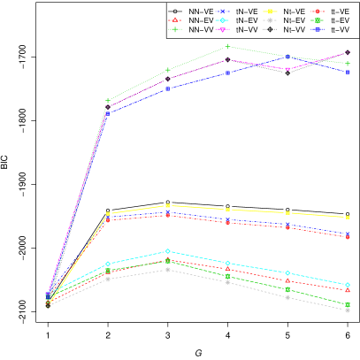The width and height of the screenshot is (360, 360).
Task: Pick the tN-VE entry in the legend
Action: pyautogui.click(x=241, y=11)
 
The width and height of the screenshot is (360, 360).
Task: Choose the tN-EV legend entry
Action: pyautogui.click(x=241, y=20)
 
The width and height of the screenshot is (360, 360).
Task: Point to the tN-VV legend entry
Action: pyautogui.click(x=241, y=30)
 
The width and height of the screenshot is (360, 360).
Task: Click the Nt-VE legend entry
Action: pyautogui.click(x=288, y=11)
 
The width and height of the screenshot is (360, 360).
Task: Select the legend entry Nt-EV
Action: pyautogui.click(x=288, y=20)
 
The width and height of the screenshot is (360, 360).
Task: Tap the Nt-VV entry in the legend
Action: pyautogui.click(x=288, y=30)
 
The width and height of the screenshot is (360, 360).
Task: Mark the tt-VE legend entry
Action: pyautogui.click(x=334, y=11)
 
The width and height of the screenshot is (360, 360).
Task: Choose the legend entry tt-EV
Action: pyautogui.click(x=334, y=20)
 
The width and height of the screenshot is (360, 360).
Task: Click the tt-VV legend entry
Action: pyautogui.click(x=334, y=30)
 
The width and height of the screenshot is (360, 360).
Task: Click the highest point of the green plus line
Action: pyautogui.click(x=227, y=46)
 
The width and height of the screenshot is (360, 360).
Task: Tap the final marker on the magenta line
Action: pyautogui.click(x=348, y=52)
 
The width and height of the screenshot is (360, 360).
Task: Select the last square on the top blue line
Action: pyautogui.click(x=348, y=72)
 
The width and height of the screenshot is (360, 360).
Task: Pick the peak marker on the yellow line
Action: pyautogui.click(x=167, y=205)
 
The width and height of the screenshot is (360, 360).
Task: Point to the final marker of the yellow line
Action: pyautogui.click(x=348, y=217)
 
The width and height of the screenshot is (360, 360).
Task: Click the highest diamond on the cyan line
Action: pyautogui.click(x=167, y=251)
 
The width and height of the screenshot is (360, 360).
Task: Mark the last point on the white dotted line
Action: pyautogui.click(x=348, y=310)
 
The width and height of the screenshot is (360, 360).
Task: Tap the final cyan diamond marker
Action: pyautogui.click(x=348, y=285)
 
